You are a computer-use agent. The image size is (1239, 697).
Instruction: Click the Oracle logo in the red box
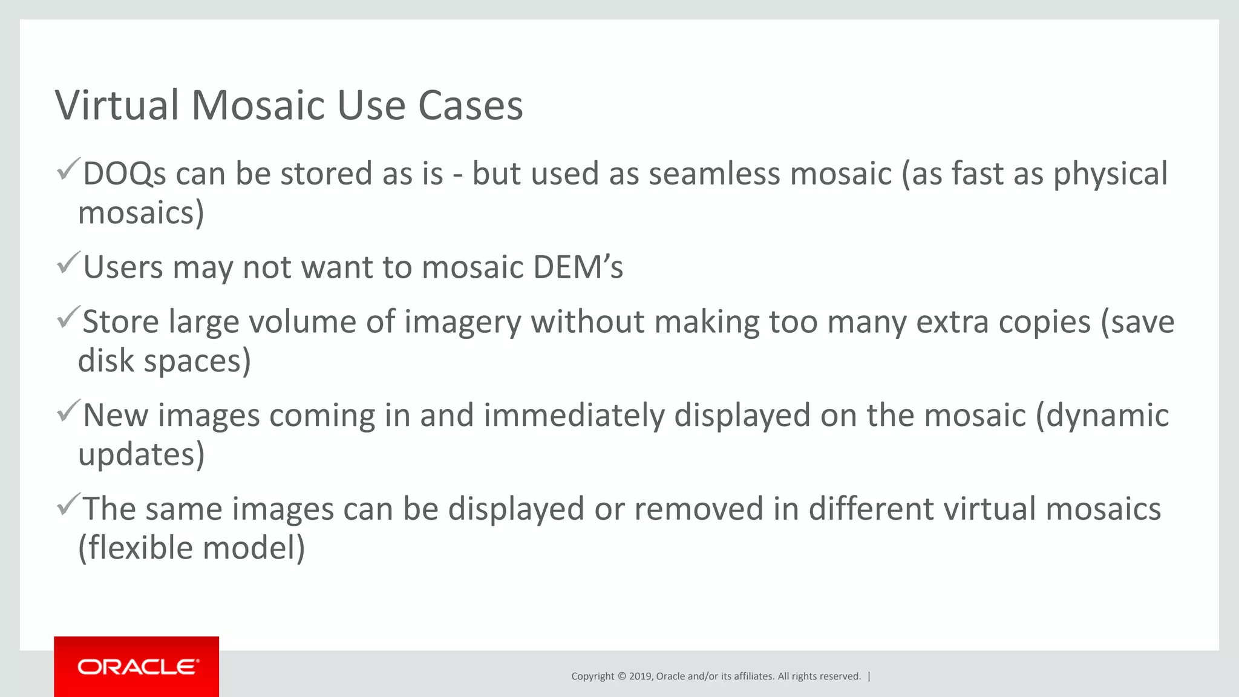(137, 667)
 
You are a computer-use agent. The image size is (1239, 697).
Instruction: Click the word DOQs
(124, 174)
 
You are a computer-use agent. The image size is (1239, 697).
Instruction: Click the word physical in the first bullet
(1110, 174)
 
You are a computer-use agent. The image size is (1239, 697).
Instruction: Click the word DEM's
(578, 267)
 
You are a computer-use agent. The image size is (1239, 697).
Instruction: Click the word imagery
(462, 322)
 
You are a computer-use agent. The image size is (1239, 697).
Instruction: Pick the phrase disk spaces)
(164, 361)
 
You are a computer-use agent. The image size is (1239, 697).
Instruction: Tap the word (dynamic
(1102, 416)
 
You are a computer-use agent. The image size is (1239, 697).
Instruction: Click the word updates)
(142, 455)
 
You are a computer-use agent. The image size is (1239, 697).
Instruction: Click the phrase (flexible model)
(192, 548)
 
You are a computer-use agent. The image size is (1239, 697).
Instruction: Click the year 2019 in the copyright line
(640, 676)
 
